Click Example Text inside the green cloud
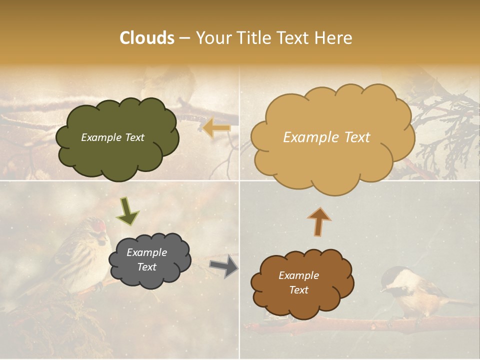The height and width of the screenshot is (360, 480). pos(112,137)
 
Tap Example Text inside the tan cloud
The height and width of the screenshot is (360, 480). pos(326,137)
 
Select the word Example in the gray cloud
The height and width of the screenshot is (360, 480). pos(146,252)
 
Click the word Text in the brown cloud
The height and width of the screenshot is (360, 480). pos(298,290)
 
